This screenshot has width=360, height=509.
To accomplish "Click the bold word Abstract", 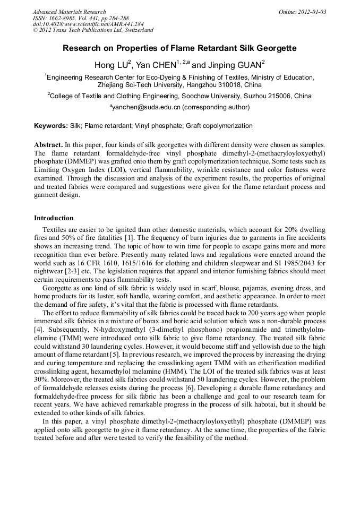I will [48, 145].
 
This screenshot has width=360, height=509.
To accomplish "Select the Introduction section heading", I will [54, 218].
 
